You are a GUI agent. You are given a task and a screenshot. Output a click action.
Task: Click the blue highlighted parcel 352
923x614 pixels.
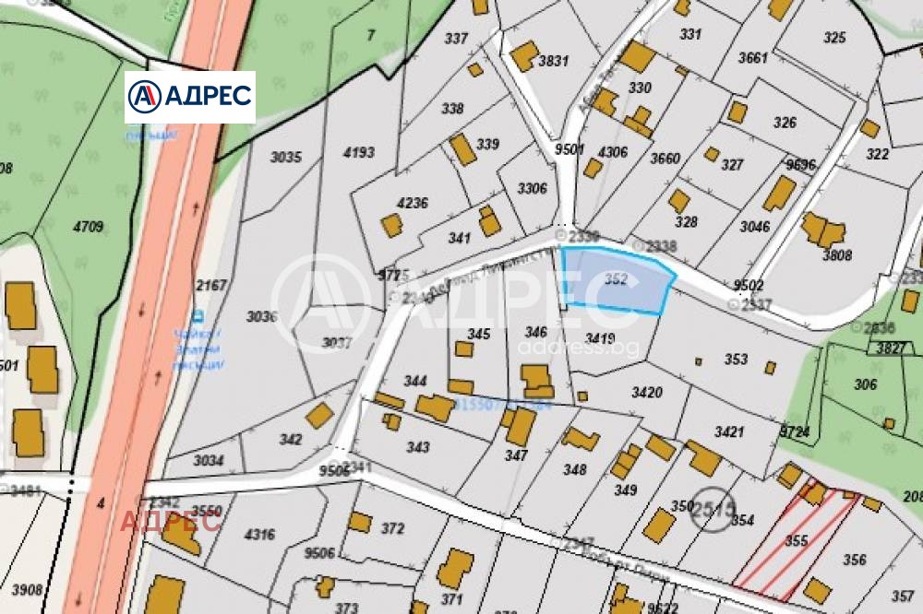tap(617, 280)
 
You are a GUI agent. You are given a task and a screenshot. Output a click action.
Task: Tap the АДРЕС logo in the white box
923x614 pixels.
tap(190, 96)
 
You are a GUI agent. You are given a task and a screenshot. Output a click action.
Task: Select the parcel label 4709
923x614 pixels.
tap(89, 225)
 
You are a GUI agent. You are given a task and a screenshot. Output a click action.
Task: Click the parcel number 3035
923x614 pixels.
tap(285, 157)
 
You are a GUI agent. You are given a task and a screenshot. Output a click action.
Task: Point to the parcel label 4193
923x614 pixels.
tap(358, 152)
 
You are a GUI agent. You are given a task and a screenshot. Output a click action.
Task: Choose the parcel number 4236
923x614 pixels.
tap(412, 203)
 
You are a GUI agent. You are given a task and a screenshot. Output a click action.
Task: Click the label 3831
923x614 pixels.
tap(554, 62)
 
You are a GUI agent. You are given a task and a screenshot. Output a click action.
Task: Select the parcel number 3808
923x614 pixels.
tap(837, 255)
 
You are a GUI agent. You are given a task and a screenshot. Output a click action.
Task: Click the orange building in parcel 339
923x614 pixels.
tap(462, 149)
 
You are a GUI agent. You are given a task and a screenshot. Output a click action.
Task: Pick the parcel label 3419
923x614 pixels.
tap(600, 338)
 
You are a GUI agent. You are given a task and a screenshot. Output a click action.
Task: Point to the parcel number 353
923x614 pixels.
tap(736, 359)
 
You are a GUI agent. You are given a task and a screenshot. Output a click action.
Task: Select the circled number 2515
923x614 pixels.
tap(713, 508)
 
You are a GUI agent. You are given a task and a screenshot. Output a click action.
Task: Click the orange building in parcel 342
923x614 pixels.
tap(319, 416)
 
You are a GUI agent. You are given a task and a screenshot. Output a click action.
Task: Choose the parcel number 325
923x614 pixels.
tap(834, 38)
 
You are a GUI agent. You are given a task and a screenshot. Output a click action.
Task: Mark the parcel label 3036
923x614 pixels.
tap(261, 316)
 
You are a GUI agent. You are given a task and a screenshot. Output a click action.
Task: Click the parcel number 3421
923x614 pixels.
tap(729, 431)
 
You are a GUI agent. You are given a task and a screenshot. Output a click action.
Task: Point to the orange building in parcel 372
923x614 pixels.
tap(360, 522)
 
